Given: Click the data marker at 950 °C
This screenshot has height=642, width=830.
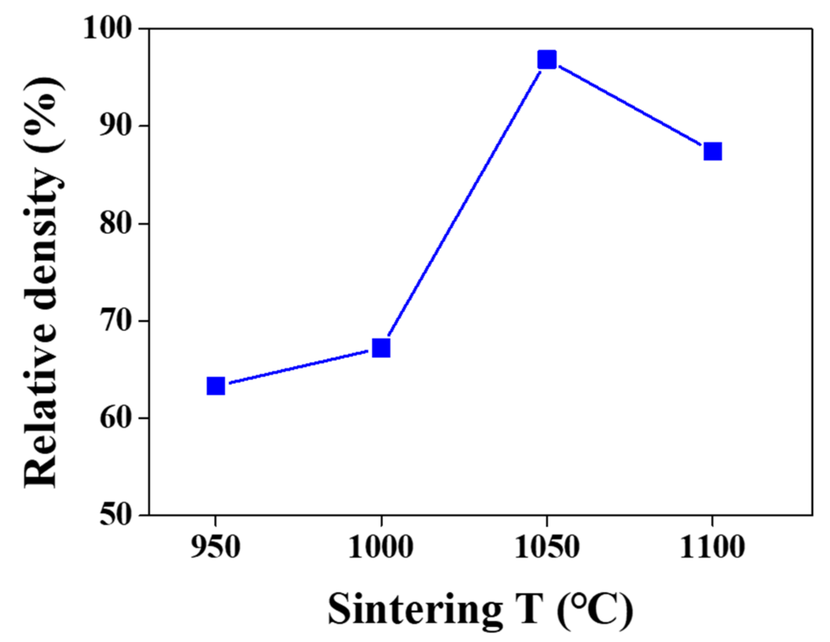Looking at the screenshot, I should (216, 386).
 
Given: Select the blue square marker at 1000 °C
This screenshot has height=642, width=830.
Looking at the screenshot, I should (381, 348).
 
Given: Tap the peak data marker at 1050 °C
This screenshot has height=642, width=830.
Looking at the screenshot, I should (547, 60).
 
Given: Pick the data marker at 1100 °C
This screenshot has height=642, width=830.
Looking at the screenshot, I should (712, 151).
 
